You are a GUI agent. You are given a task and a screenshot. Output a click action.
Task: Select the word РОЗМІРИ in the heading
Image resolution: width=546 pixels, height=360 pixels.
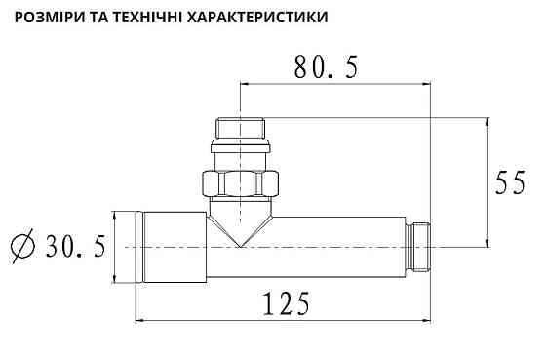pyautogui.click(x=55, y=18)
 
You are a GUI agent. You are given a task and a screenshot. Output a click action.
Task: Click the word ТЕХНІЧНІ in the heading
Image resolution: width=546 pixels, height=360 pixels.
pyautogui.click(x=163, y=18)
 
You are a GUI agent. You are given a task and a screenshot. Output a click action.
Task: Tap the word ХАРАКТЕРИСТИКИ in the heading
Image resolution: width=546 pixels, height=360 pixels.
pyautogui.click(x=267, y=18)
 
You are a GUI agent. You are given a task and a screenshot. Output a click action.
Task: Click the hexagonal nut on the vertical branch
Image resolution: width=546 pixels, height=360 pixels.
pyautogui.click(x=240, y=182)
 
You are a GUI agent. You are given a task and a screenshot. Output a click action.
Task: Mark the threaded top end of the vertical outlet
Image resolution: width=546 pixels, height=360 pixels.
pyautogui.click(x=240, y=128)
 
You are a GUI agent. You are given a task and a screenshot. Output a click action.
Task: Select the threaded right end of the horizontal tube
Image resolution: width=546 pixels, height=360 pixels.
pyautogui.click(x=419, y=246)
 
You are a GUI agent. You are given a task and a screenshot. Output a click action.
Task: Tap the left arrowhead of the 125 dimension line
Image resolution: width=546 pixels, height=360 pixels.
pyautogui.click(x=138, y=318)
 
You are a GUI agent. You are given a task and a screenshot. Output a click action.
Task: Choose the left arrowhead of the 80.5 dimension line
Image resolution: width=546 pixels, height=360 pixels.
pyautogui.click(x=244, y=84)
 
